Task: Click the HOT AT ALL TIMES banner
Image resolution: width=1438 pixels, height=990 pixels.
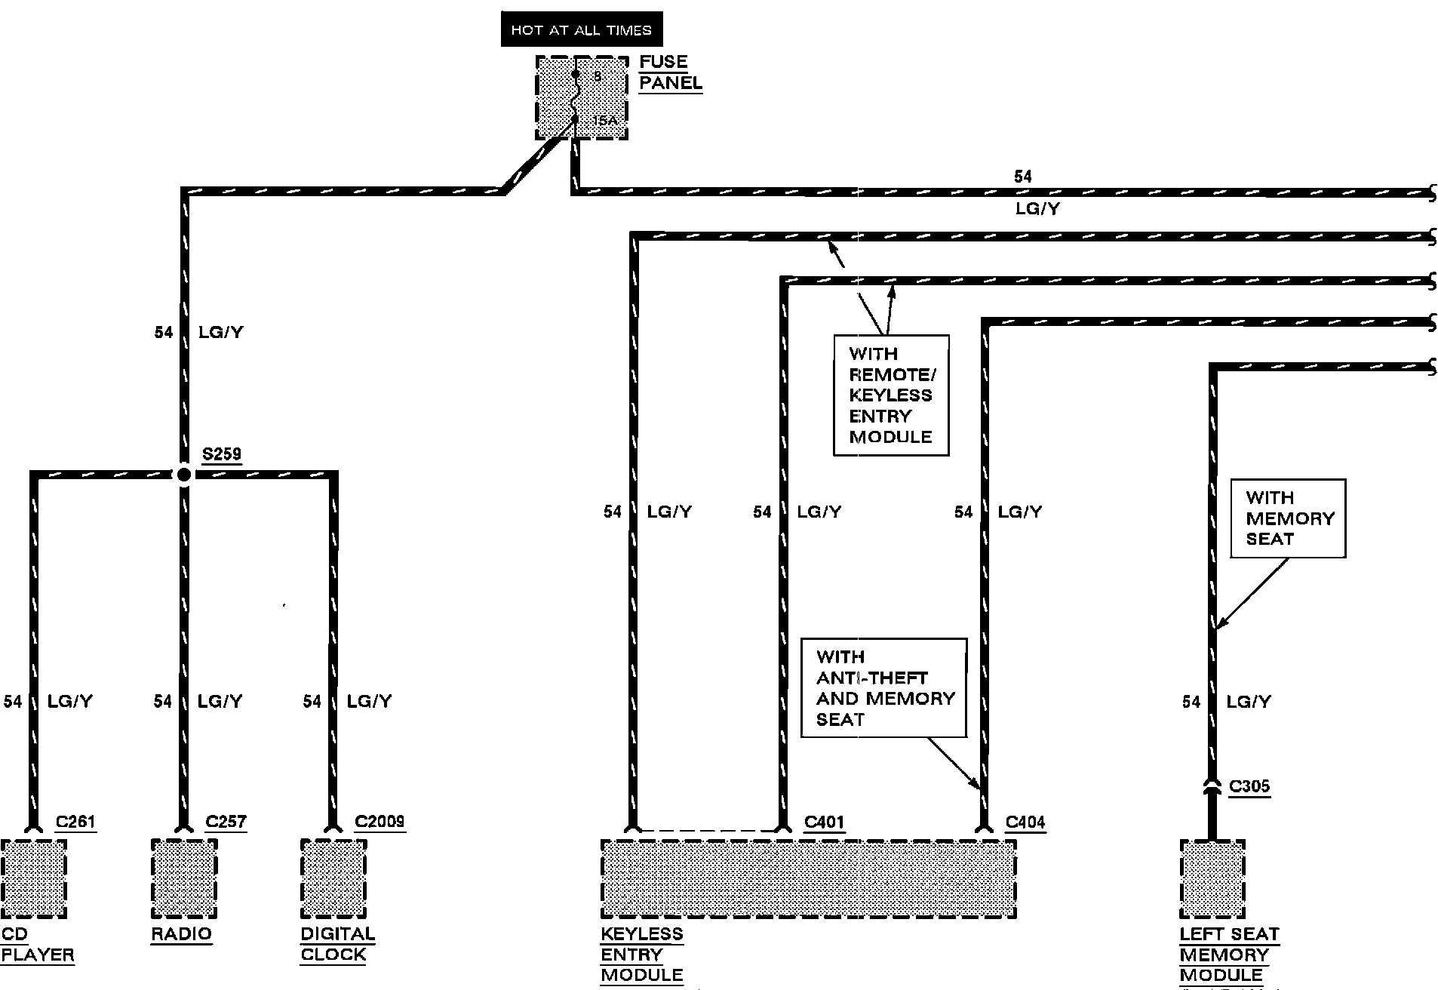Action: tap(581, 30)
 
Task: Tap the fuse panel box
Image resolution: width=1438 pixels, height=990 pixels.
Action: tap(581, 97)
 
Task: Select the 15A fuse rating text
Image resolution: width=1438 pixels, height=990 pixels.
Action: tap(605, 121)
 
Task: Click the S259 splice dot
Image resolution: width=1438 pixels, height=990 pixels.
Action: tap(183, 475)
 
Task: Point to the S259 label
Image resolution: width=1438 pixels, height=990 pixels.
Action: tap(222, 454)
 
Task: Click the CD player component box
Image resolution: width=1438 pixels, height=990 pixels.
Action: tap(34, 878)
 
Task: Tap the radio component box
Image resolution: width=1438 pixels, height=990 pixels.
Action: tap(184, 878)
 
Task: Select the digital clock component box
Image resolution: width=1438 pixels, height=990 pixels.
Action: tap(333, 878)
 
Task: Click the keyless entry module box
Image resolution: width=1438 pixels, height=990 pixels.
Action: tap(808, 878)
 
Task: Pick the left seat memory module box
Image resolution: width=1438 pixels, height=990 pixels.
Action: tap(1212, 878)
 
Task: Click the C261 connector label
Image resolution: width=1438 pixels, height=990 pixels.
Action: tap(75, 822)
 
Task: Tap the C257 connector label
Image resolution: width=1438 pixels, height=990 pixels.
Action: tap(226, 822)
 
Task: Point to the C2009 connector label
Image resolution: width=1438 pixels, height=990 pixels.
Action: tap(379, 822)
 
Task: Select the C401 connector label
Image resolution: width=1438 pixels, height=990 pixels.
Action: tap(824, 822)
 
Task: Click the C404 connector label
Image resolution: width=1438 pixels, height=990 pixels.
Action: tap(1025, 822)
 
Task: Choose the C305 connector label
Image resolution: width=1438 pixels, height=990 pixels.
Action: tap(1249, 786)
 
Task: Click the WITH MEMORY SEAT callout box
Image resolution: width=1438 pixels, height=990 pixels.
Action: tap(1288, 518)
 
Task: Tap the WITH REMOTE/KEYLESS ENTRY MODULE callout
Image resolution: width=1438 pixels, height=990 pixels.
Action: tap(890, 395)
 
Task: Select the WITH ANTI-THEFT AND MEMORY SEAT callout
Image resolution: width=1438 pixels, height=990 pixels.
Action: tap(883, 687)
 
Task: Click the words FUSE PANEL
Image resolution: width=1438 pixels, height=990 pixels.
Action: tap(670, 72)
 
